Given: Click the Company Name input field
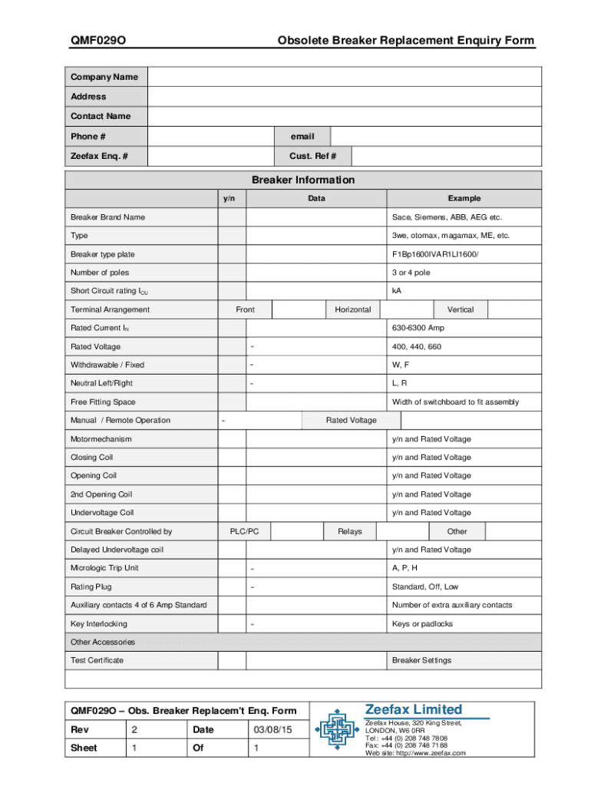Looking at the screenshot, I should (345, 77).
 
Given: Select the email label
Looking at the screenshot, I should (302, 137).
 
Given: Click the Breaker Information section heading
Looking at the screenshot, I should (303, 180).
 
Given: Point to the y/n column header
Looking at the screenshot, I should (229, 199).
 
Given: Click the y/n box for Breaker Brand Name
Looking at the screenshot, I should (232, 217).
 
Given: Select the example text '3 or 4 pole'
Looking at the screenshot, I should (411, 272).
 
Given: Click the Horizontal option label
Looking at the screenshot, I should (352, 309).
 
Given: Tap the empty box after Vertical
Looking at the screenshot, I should (515, 309).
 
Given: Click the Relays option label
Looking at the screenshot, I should (350, 531).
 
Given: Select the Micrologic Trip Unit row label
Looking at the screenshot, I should (105, 568).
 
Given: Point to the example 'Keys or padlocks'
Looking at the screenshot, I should (422, 623).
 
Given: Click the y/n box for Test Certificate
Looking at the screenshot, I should (232, 660).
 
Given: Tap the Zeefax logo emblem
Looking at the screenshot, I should (335, 729).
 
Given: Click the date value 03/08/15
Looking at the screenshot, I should (268, 728).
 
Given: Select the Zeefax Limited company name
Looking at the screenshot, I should (413, 709).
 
